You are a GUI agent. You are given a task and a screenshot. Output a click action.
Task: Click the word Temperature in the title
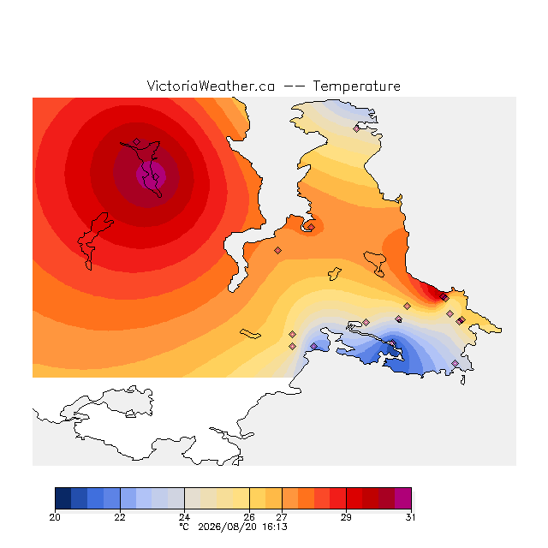[356, 86]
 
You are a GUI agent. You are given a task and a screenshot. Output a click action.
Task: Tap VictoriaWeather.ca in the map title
[211, 86]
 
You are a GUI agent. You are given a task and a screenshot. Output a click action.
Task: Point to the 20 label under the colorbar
[55, 517]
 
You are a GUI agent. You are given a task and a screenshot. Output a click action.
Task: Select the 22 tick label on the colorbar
[120, 517]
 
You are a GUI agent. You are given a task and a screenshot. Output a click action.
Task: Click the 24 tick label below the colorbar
[185, 517]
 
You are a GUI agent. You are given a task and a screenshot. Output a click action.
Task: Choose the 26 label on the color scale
[249, 517]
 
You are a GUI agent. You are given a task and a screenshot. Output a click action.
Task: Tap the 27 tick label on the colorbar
[282, 517]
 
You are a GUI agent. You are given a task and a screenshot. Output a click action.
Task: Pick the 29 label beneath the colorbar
[346, 517]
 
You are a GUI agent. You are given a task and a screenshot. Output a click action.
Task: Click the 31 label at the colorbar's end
[411, 517]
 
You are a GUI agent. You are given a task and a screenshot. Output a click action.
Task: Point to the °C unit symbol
[184, 527]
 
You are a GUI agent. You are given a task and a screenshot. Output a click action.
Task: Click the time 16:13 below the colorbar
[275, 527]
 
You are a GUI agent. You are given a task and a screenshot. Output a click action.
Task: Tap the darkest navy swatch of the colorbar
[63, 498]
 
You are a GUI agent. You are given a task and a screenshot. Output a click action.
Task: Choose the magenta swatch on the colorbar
[403, 498]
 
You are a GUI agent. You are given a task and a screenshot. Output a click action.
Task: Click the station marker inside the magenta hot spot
[156, 177]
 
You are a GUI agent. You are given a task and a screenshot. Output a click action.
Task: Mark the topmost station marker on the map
[356, 129]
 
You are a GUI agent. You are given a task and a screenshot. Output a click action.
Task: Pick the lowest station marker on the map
[455, 363]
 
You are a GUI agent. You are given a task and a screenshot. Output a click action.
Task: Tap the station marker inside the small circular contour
[311, 227]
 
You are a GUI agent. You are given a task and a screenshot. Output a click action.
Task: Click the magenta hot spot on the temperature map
[151, 176]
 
